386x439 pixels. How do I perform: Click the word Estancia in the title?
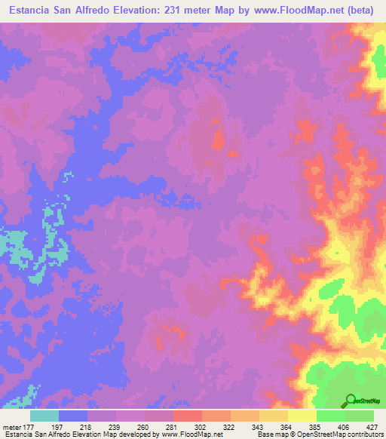pyautogui.click(x=29, y=11)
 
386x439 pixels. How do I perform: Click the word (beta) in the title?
pyautogui.click(x=360, y=11)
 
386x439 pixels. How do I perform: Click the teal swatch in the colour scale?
pyautogui.click(x=44, y=416)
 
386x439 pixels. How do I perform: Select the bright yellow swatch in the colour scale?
pyautogui.click(x=302, y=416)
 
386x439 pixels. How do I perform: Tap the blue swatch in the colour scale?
pyautogui.click(x=73, y=416)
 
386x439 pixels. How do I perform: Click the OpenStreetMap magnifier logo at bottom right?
pyautogui.click(x=350, y=401)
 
